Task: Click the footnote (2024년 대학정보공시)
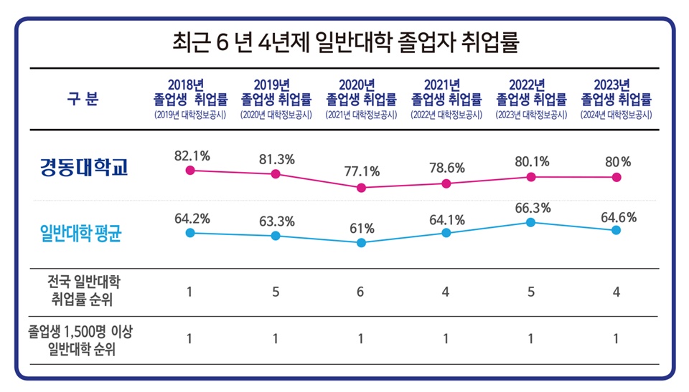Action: (x=616, y=115)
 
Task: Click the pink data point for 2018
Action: (x=189, y=170)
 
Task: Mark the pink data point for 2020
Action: (x=361, y=188)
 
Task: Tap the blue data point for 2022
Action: (x=530, y=222)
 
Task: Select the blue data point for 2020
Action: (x=361, y=243)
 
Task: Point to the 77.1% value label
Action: (x=362, y=171)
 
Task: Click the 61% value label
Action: (x=362, y=229)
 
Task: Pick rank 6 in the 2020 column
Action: (x=361, y=292)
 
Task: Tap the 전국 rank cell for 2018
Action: (x=189, y=292)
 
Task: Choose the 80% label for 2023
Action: (x=616, y=162)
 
